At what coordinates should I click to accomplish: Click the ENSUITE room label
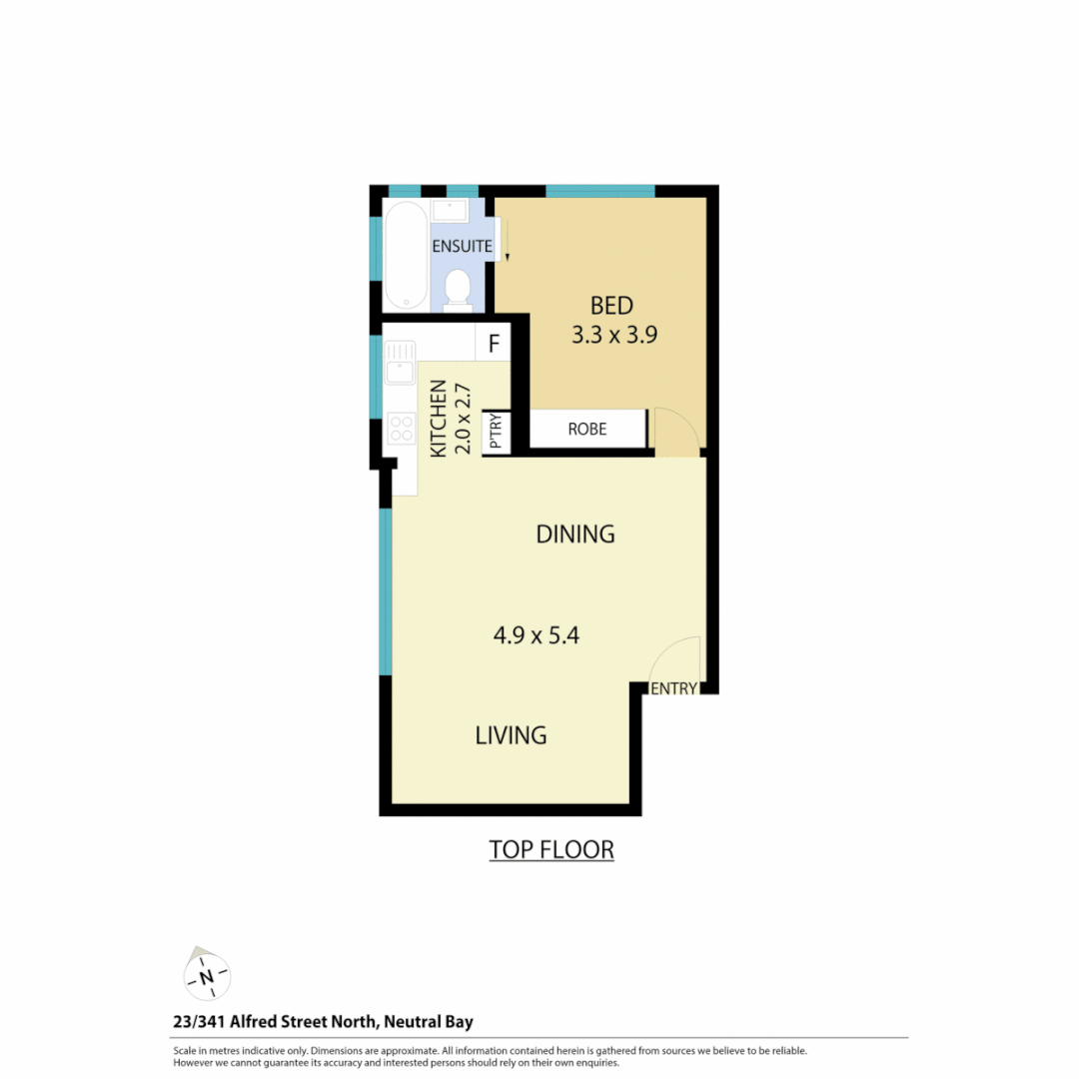(x=462, y=245)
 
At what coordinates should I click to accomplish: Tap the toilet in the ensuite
(x=458, y=288)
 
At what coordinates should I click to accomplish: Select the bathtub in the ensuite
(x=407, y=255)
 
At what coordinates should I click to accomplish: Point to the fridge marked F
(x=493, y=345)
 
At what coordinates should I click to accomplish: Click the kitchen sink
(x=401, y=362)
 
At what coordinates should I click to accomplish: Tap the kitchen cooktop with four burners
(x=402, y=429)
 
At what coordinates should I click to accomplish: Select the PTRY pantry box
(x=497, y=434)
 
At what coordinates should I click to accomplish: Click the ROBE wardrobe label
(x=587, y=430)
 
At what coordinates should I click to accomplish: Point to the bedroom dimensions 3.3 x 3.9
(x=613, y=336)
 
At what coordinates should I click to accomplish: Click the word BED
(x=611, y=306)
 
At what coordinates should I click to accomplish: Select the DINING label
(x=575, y=535)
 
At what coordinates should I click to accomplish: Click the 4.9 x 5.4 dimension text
(x=537, y=634)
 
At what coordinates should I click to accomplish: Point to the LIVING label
(x=511, y=735)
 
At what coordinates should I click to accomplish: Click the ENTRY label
(x=673, y=688)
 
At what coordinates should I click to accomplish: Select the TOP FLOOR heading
(x=550, y=850)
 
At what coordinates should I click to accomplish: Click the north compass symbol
(x=206, y=975)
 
